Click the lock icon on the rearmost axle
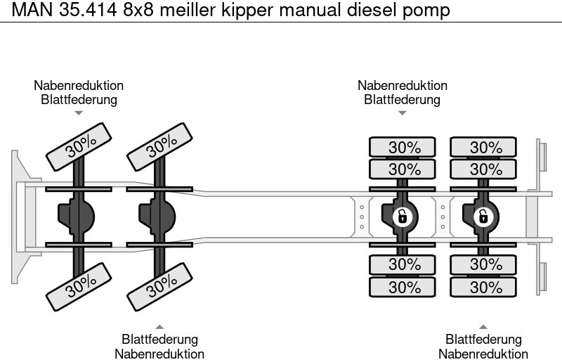(483, 217)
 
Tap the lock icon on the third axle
(402, 217)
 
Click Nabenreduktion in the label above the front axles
(79, 85)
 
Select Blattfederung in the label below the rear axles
(483, 340)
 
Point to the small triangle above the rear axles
(402, 112)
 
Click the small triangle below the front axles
(159, 326)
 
